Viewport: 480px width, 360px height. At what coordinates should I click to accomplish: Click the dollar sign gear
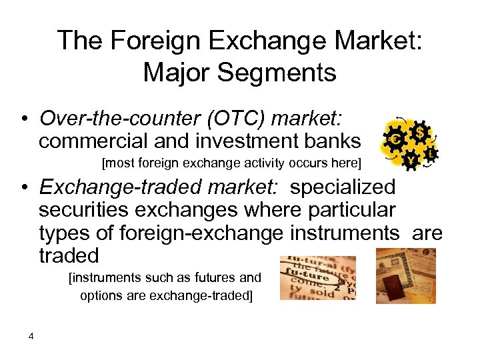[420, 131]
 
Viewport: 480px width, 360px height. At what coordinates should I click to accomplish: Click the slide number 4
[31, 336]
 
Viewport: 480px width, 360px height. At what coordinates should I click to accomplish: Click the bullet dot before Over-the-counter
[23, 119]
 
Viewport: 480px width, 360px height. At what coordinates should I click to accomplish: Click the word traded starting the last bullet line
[69, 255]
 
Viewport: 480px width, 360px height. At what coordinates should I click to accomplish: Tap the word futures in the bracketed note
[219, 277]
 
